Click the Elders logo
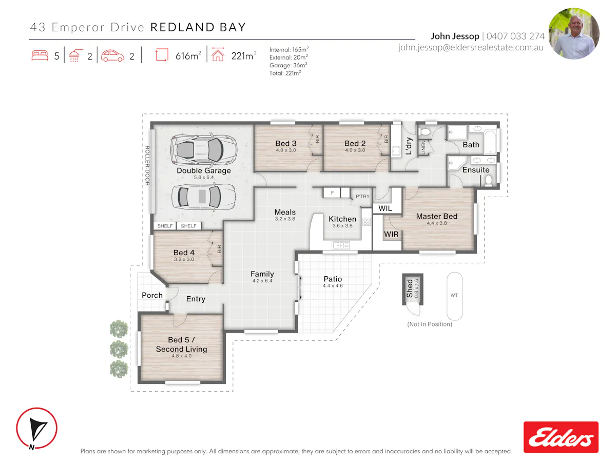point(561,437)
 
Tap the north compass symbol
point(36,428)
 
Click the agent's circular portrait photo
point(573,34)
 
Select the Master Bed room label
point(436,216)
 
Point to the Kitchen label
point(342,219)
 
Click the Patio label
point(333,279)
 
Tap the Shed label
point(410,288)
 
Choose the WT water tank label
point(454,295)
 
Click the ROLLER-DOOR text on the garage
point(147,165)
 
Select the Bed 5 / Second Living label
point(181,344)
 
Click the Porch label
point(152,295)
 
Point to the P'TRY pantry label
point(362,197)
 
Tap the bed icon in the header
point(40,55)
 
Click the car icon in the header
point(112,55)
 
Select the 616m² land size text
point(188,56)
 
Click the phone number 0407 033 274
point(515,36)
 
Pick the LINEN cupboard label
point(423,147)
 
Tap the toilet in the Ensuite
point(488,180)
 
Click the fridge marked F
point(332,192)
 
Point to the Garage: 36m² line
point(288,65)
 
